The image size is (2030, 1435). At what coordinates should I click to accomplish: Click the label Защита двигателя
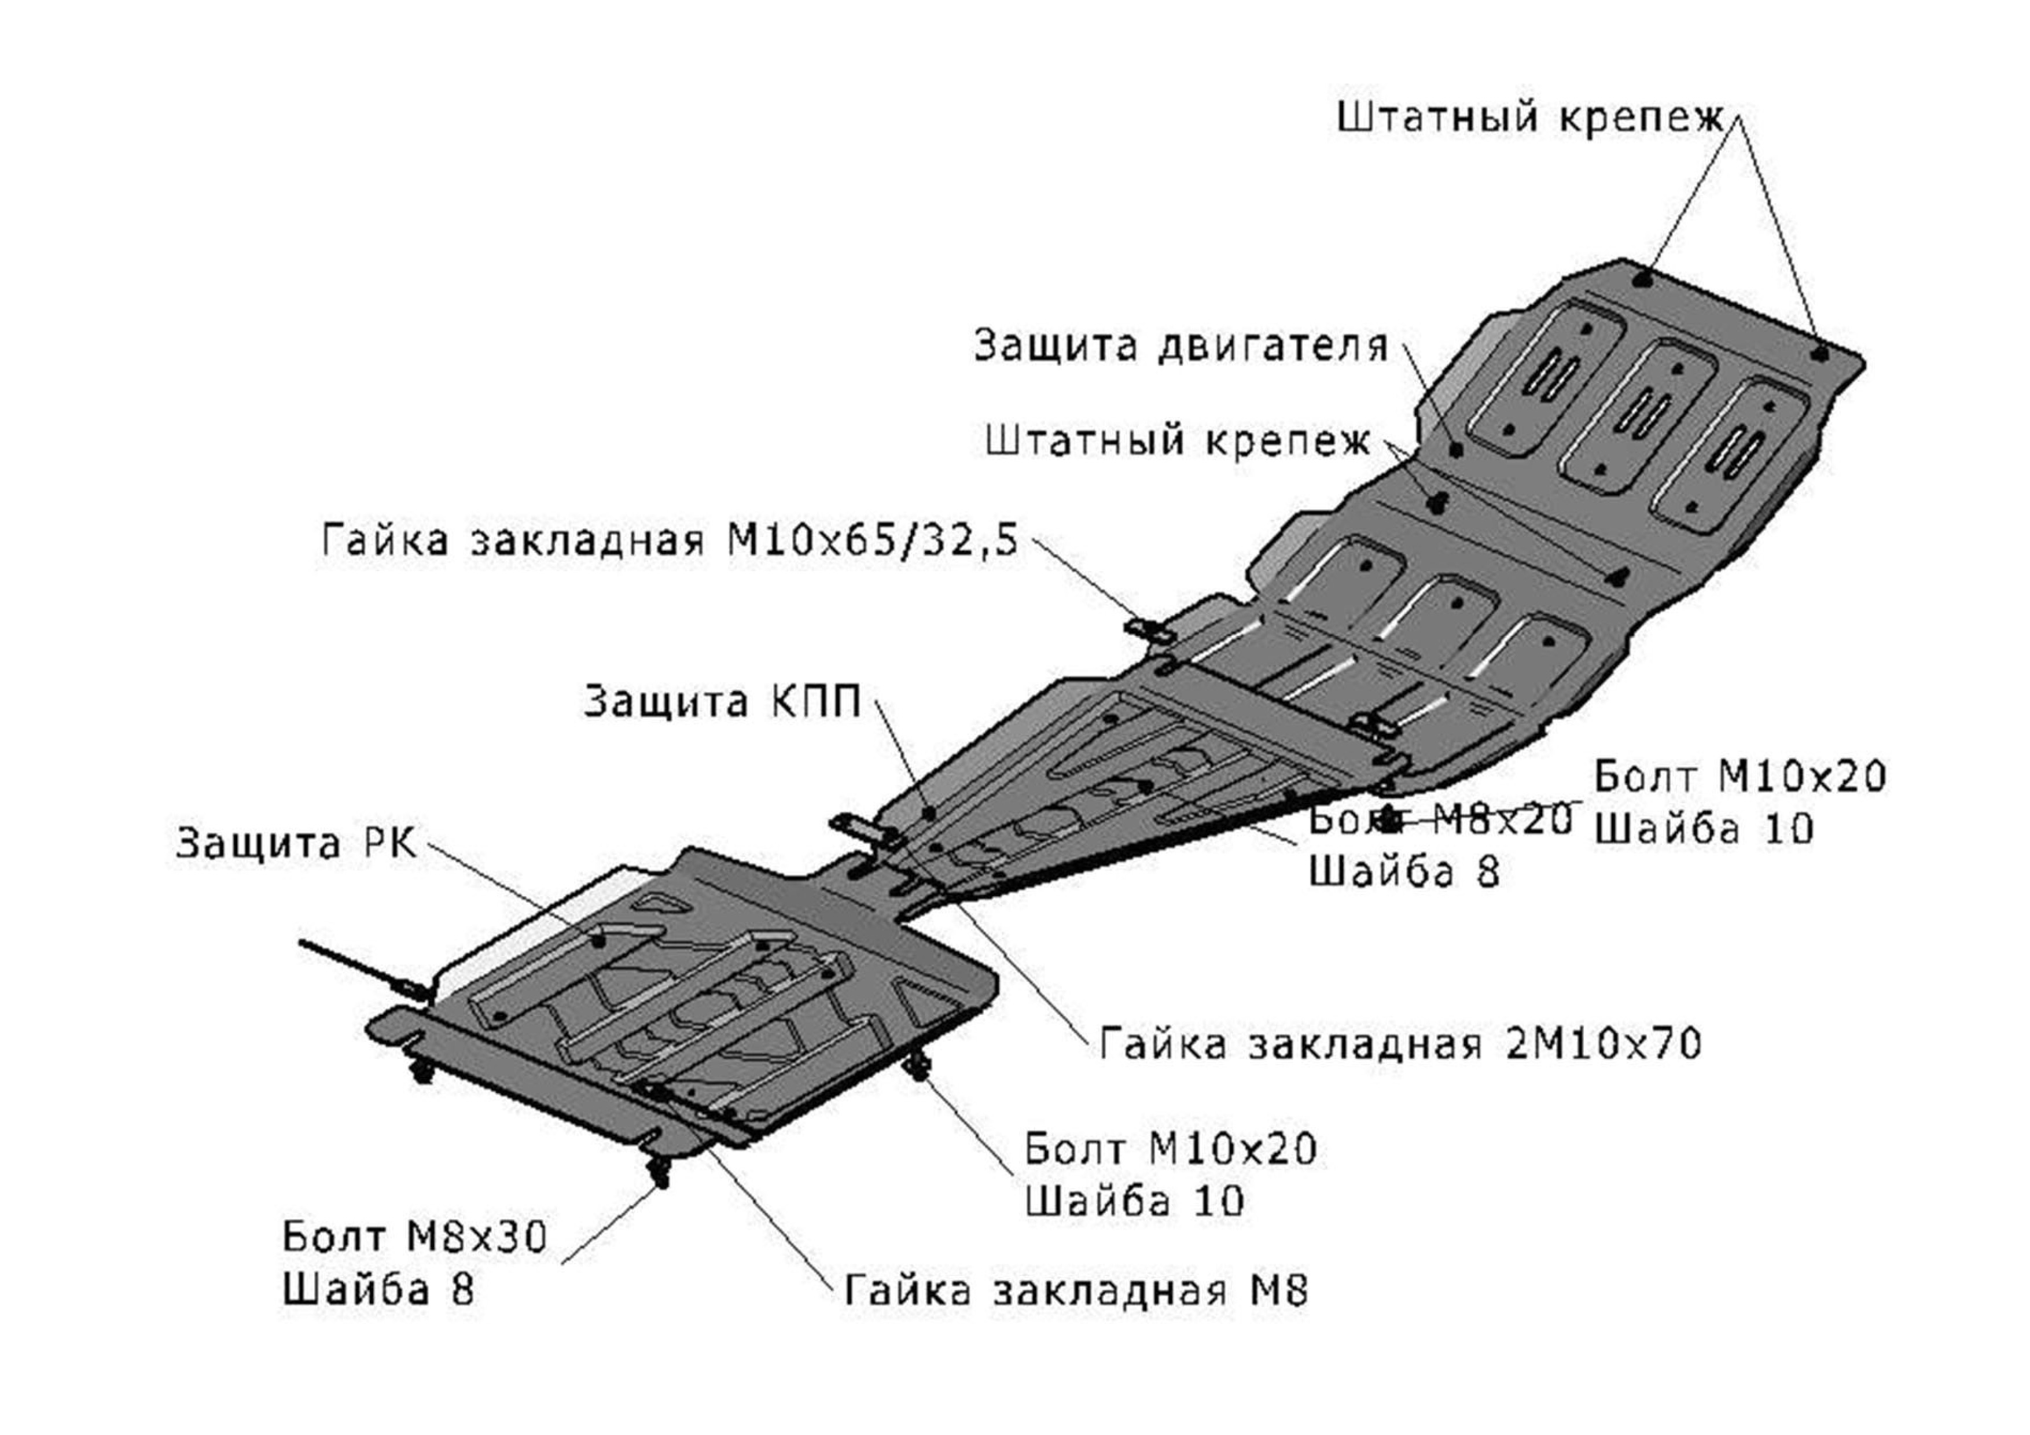click(x=1181, y=345)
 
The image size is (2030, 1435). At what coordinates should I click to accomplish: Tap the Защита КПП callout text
click(x=722, y=702)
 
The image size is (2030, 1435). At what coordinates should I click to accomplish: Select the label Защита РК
click(x=295, y=842)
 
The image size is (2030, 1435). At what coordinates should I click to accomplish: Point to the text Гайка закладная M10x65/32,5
click(x=670, y=539)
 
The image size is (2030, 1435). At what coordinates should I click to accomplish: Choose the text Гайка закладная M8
click(x=1076, y=1290)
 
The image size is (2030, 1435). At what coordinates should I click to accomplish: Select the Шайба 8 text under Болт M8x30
click(x=378, y=1290)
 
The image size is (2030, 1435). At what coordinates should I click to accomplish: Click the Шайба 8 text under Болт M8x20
click(x=1404, y=872)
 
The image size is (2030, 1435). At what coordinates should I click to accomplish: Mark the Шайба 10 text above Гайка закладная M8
click(x=1134, y=1201)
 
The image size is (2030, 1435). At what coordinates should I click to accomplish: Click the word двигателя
click(x=1273, y=345)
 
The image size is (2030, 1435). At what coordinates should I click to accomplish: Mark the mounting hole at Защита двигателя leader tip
click(x=1456, y=449)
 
